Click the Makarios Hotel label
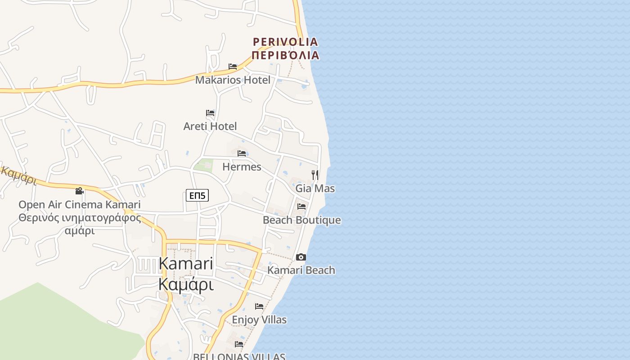pos(233,80)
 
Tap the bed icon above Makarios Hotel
pos(233,67)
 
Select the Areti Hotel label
pos(210,126)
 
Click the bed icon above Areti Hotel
pos(210,113)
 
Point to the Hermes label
pos(242,167)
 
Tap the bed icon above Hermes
pos(242,153)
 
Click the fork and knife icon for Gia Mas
pos(315,175)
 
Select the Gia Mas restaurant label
pos(315,188)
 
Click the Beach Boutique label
pos(301,220)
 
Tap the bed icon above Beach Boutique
pos(301,207)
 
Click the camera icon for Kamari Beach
pos(301,257)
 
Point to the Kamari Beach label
pos(301,270)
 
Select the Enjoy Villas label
pos(259,320)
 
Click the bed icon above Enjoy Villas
pos(259,306)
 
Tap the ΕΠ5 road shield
pos(197,195)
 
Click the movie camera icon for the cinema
pos(80,191)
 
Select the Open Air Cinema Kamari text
pos(79,205)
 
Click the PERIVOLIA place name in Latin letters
pos(285,42)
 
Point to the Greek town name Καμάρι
pos(186,285)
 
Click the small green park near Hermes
pos(203,165)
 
